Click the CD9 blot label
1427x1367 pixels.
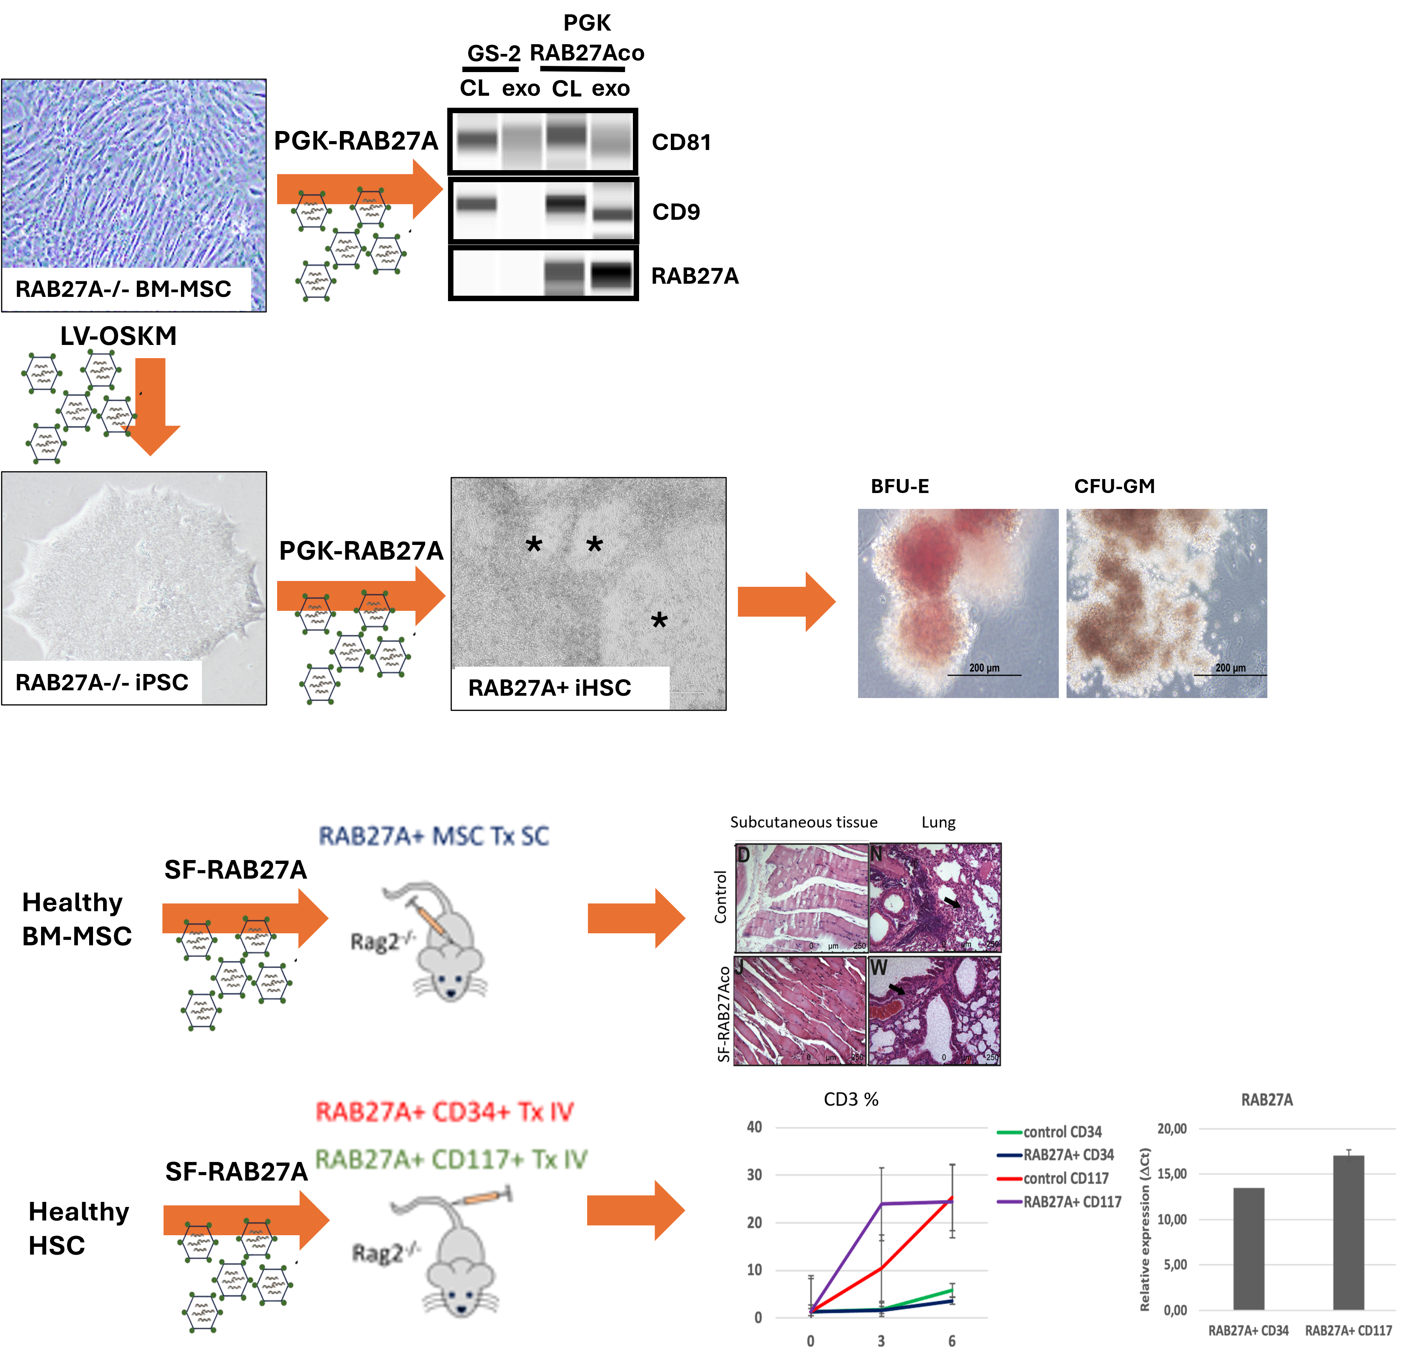[x=676, y=212]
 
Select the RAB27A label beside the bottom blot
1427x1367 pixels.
[x=695, y=276]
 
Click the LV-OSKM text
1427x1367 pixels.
[x=118, y=336]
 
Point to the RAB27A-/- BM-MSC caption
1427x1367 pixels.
[x=123, y=289]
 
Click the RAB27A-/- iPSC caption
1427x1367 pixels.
[x=102, y=683]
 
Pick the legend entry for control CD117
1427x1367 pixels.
[x=1065, y=1178]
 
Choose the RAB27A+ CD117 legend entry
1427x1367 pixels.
[x=1072, y=1202]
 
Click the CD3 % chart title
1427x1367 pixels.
[x=850, y=1099]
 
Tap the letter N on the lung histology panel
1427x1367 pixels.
[x=877, y=853]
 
